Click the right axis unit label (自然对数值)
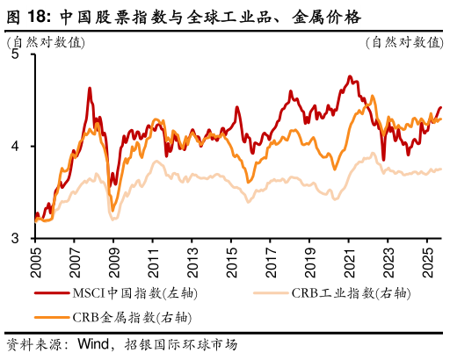pyautogui.click(x=403, y=41)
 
